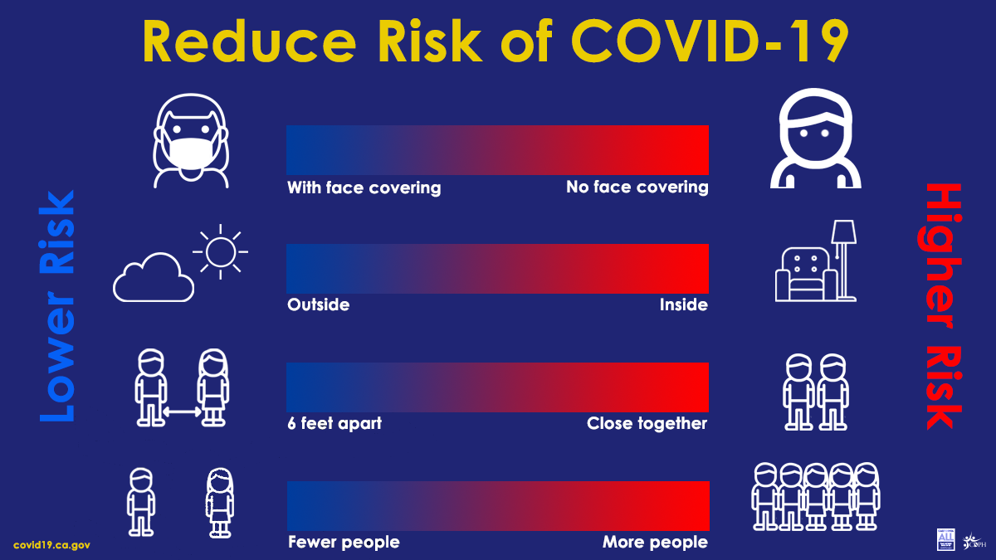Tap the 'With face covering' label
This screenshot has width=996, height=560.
pyautogui.click(x=364, y=187)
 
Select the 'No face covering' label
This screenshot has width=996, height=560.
pyautogui.click(x=637, y=187)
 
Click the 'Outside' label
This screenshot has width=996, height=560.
pyautogui.click(x=318, y=305)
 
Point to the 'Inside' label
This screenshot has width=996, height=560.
pyautogui.click(x=683, y=305)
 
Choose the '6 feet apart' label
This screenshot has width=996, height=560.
pyautogui.click(x=334, y=424)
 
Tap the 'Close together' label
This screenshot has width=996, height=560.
pyautogui.click(x=647, y=424)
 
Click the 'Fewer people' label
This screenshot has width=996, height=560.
pyautogui.click(x=343, y=543)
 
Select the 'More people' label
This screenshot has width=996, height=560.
pyautogui.click(x=655, y=543)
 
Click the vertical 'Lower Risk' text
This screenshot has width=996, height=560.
pyautogui.click(x=56, y=305)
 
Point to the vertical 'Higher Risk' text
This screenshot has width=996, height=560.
pyautogui.click(x=942, y=305)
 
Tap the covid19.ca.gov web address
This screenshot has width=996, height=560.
pyautogui.click(x=51, y=545)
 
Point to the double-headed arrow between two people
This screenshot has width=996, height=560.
pyautogui.click(x=182, y=411)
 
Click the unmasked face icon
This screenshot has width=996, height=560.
pyautogui.click(x=815, y=139)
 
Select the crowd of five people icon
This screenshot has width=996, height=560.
pyautogui.click(x=815, y=496)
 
